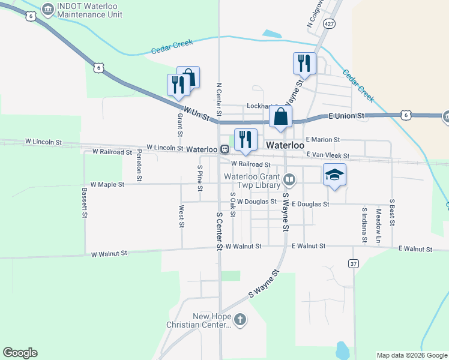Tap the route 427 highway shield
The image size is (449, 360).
(x=328, y=23)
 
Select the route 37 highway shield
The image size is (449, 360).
(x=354, y=263)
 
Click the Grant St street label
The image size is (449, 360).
(x=179, y=125)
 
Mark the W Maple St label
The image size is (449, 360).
(x=107, y=184)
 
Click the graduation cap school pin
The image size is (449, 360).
(x=334, y=175)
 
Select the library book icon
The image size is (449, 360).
(x=289, y=179)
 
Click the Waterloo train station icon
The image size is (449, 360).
(x=224, y=149)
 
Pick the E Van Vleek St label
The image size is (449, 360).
(x=328, y=155)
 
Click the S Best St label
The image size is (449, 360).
(x=392, y=212)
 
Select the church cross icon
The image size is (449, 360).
(x=240, y=320)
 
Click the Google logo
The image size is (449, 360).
(x=20, y=353)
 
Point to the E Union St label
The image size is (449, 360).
(x=346, y=115)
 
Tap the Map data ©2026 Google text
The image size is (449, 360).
(x=412, y=355)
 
